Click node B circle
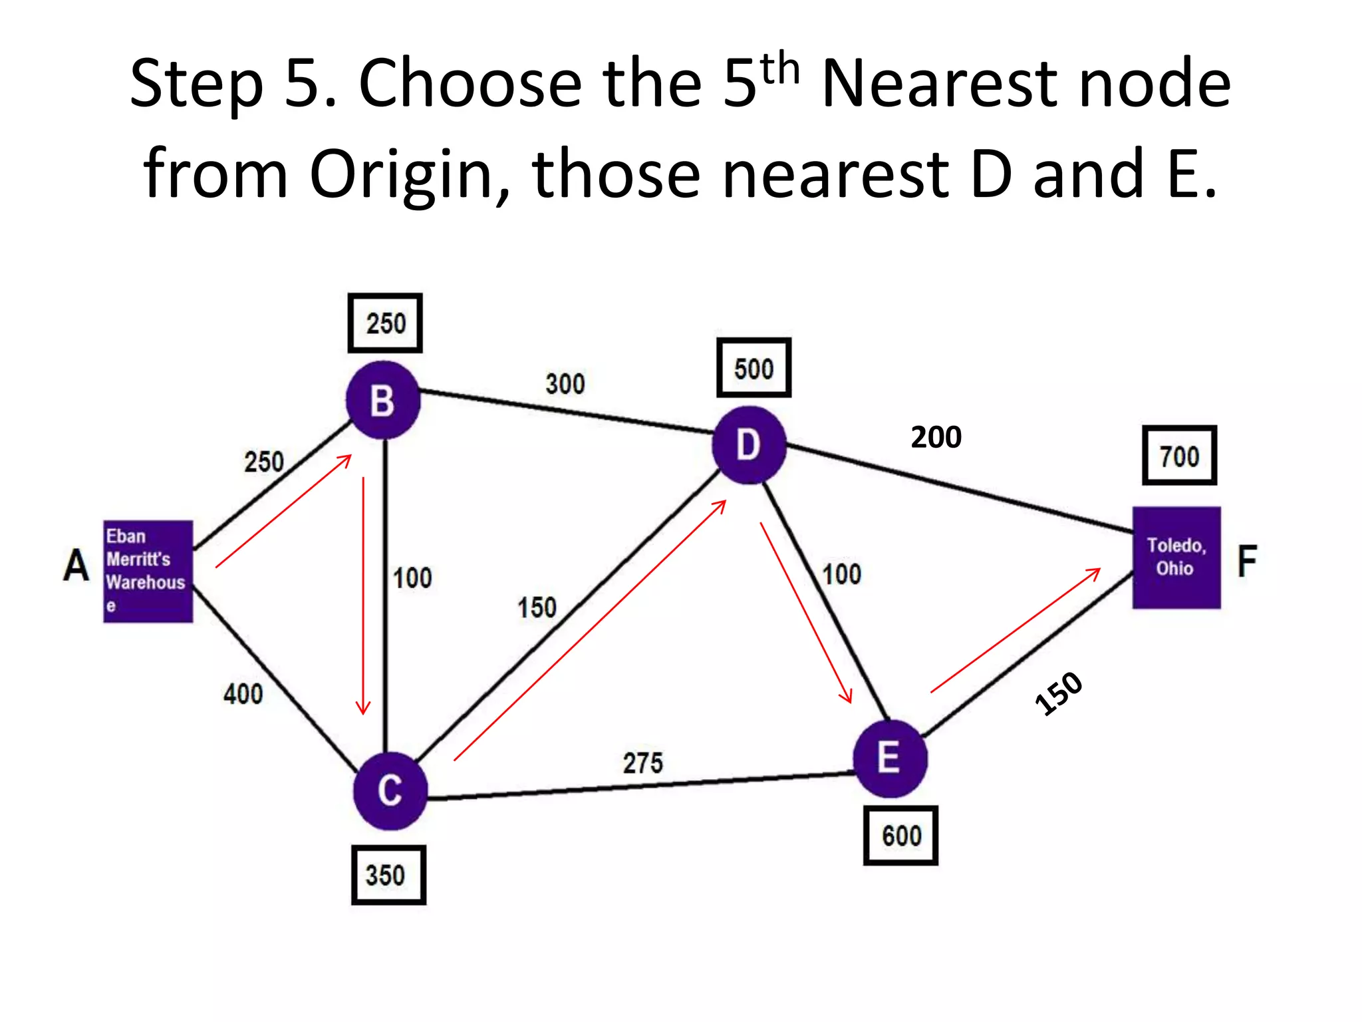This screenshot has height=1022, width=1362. [383, 401]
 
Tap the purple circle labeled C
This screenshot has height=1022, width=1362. [390, 790]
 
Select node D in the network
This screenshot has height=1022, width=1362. [749, 444]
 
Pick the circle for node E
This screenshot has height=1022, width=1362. [890, 759]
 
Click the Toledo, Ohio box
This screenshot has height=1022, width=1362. [1176, 558]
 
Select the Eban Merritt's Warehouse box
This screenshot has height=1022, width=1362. [148, 571]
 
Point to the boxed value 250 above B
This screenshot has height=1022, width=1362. [385, 323]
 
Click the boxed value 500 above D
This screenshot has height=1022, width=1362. [753, 368]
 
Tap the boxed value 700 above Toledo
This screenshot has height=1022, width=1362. [1179, 456]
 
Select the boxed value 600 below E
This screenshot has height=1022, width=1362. [901, 836]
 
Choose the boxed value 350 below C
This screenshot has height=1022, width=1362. [388, 875]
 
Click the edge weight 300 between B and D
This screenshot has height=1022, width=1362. [565, 384]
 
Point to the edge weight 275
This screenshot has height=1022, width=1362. [642, 763]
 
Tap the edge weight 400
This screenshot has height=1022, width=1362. [243, 695]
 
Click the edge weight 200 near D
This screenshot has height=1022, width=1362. [936, 437]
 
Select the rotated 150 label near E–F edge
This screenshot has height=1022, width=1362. [1059, 693]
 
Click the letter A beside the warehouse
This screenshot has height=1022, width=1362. [76, 566]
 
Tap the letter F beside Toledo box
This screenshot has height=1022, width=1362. [1247, 561]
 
